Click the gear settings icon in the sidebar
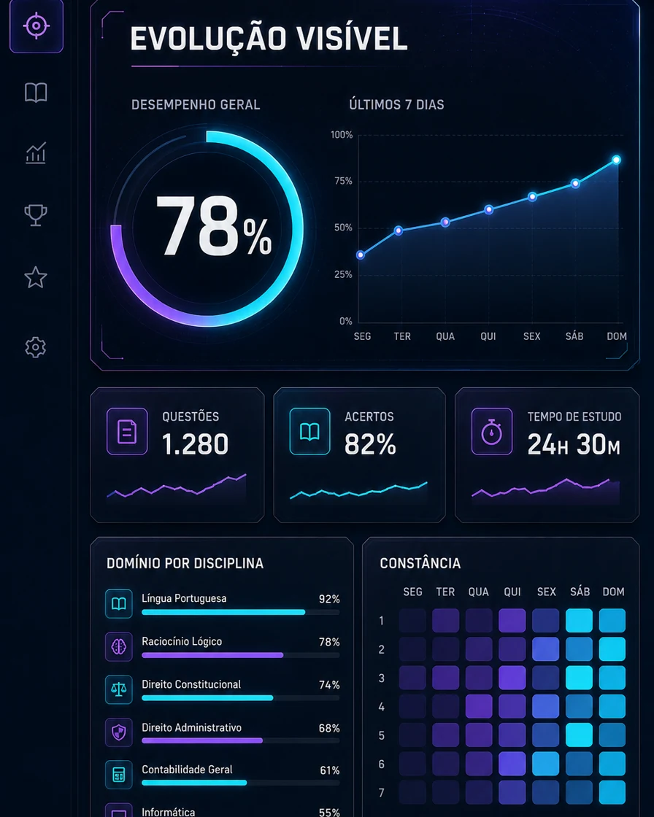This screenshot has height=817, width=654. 36,347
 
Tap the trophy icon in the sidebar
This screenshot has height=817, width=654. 36,214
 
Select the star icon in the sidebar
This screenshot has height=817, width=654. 36,277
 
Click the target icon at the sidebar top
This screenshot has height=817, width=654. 36,26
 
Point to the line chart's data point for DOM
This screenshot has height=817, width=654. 616,160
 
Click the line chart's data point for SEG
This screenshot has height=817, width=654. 361,255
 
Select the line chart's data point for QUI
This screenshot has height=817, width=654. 488,209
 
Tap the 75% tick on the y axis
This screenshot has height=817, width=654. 343,181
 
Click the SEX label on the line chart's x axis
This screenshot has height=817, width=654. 532,336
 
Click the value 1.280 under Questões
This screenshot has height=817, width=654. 195,444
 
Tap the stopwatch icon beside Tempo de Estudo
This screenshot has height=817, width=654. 492,431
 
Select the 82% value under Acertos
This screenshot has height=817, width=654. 370,444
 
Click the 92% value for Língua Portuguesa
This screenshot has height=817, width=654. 330,599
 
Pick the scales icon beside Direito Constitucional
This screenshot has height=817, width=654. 119,689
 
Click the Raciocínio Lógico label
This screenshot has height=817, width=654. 182,641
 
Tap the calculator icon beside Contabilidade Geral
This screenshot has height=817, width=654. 119,775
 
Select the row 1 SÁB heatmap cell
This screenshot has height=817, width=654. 579,621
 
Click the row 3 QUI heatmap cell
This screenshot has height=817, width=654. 512,678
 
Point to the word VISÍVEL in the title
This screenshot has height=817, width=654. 352,39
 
